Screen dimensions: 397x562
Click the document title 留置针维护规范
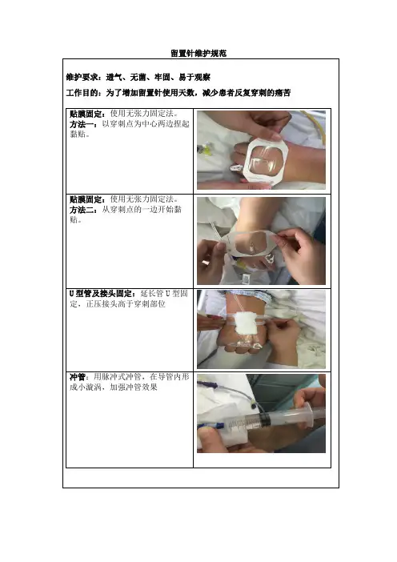click(x=198, y=54)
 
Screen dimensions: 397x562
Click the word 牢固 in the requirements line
click(x=162, y=77)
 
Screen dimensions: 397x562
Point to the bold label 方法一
click(x=82, y=124)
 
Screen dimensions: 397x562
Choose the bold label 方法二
click(x=82, y=210)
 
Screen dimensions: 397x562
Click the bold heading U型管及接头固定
click(x=101, y=294)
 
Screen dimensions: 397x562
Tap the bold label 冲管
click(x=78, y=377)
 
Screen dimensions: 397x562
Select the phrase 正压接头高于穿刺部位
click(x=126, y=304)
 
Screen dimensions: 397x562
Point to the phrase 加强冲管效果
click(x=134, y=387)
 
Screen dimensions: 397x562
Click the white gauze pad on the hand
click(x=244, y=323)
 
